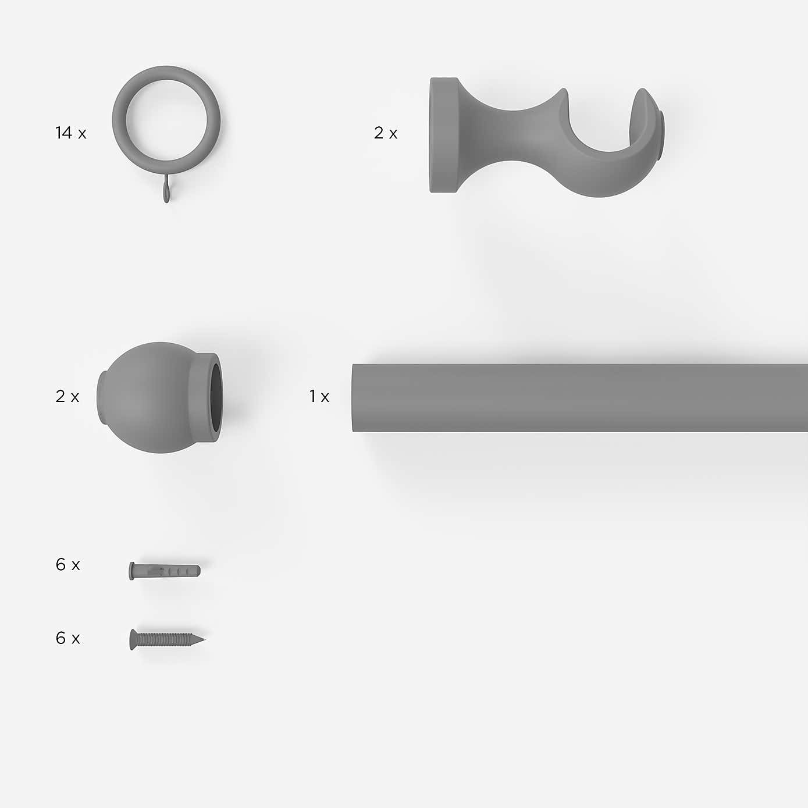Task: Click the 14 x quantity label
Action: point(70,133)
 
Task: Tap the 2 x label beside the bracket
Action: point(386,133)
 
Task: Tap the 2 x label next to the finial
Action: point(67,397)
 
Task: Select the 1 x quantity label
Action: point(319,397)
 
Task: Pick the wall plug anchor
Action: point(165,571)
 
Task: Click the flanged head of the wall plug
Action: point(131,571)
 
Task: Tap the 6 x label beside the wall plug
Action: point(67,565)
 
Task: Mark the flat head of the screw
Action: point(133,639)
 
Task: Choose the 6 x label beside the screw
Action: point(67,639)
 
